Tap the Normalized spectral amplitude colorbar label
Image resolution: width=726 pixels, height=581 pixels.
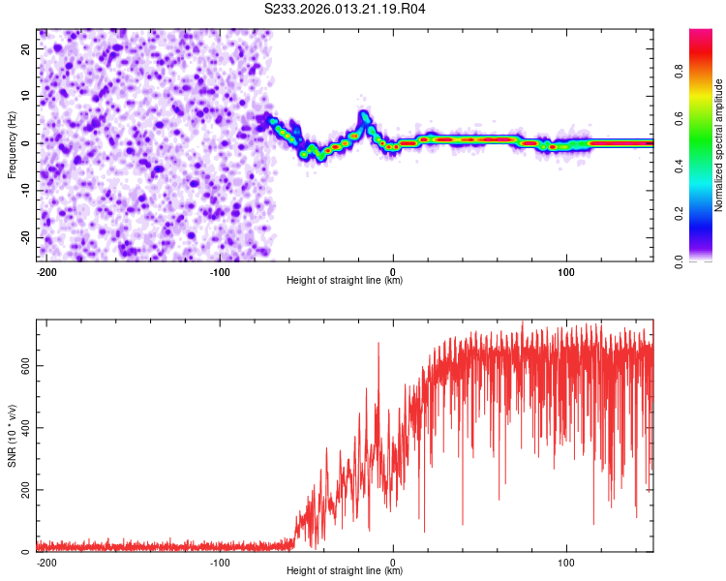[719, 145]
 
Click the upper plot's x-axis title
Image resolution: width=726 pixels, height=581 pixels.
[345, 280]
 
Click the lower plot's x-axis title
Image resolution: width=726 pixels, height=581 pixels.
[345, 570]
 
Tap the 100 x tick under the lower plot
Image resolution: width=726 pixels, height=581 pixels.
[566, 561]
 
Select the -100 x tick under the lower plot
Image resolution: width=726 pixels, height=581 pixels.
[220, 561]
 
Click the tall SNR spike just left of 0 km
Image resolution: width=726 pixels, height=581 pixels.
[378, 344]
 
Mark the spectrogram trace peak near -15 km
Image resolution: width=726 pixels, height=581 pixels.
[365, 116]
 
